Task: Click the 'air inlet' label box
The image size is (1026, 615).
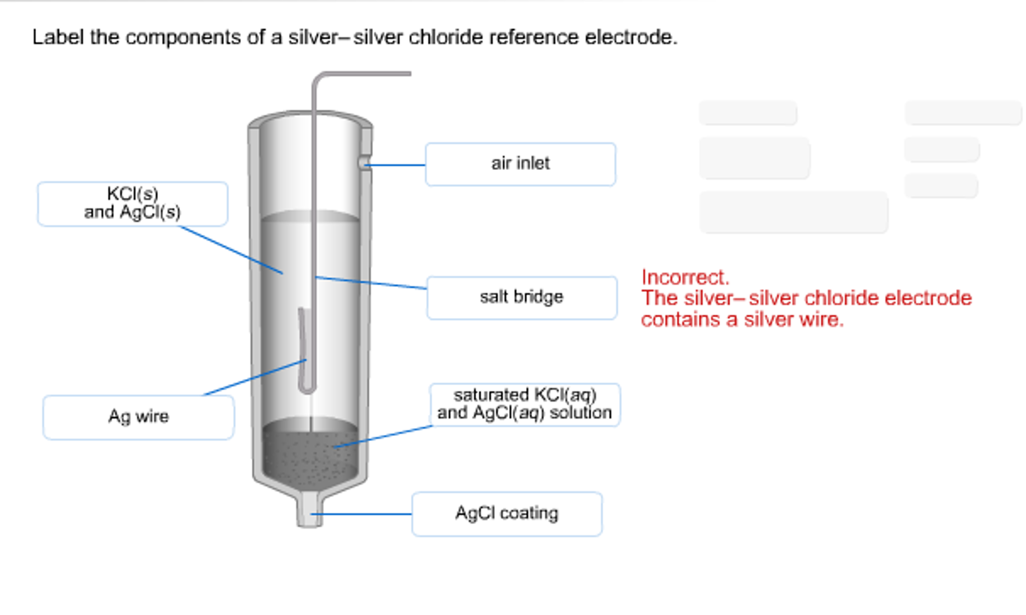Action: pos(520,164)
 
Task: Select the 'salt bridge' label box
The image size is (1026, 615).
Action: pos(522,297)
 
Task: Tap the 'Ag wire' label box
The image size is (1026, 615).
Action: pos(138,417)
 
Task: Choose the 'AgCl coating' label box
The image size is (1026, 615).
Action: pos(506,514)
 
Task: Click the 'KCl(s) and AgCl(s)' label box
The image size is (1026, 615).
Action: pos(132,204)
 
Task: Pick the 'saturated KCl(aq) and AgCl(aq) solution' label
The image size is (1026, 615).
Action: pos(525,404)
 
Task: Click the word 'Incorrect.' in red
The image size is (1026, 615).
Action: pos(685,277)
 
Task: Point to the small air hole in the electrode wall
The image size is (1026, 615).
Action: pos(363,163)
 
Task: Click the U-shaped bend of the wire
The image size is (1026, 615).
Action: pos(307,388)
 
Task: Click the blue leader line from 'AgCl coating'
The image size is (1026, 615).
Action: pos(361,514)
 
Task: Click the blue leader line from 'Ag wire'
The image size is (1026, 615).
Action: pos(253,378)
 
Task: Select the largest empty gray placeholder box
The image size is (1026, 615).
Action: pos(793,212)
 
